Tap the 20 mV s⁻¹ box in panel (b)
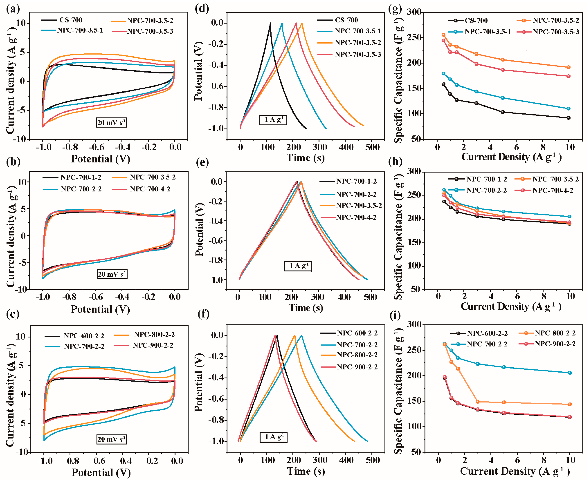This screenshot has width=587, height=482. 112,274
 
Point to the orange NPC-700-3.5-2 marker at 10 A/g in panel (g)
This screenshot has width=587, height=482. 568,67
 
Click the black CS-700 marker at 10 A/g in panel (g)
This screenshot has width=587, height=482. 568,118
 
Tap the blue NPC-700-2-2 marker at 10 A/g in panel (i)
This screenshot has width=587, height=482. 570,373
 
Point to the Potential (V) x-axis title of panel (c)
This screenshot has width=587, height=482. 101,472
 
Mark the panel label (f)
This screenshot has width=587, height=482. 204,314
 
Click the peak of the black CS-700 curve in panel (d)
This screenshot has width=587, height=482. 270,23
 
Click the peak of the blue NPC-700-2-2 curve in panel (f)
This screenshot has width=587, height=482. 302,335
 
